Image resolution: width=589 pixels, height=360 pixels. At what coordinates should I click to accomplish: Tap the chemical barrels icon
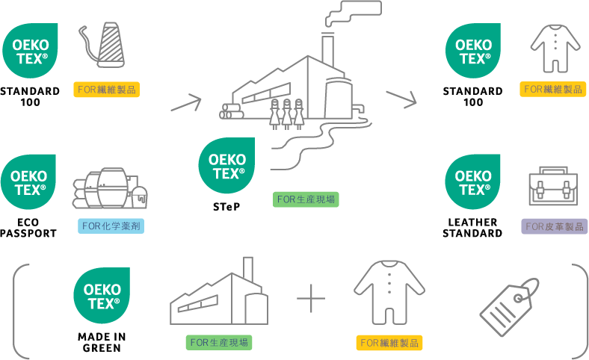(x=109, y=191)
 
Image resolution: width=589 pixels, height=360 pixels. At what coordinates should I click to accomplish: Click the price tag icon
(x=511, y=302)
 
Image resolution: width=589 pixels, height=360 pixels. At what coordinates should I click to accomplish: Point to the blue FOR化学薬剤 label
(x=111, y=226)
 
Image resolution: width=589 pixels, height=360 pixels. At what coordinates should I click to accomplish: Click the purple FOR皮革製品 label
(x=554, y=226)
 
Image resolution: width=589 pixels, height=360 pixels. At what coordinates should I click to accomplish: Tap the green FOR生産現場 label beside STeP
(x=306, y=199)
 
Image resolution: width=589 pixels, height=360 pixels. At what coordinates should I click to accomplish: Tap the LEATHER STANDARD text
(x=472, y=228)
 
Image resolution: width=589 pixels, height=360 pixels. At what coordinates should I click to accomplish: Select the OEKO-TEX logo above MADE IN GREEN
(x=100, y=293)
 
